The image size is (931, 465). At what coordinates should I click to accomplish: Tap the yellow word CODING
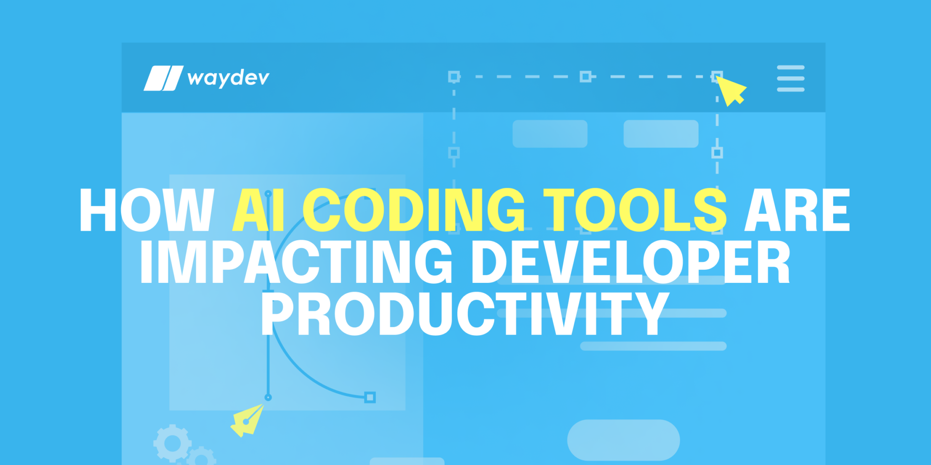(x=414, y=210)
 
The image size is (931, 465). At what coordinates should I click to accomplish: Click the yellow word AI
(x=258, y=210)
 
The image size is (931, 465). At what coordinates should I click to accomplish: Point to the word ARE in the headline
(x=797, y=210)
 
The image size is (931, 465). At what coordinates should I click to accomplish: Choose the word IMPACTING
(x=296, y=262)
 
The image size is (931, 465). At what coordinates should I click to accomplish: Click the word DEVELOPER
(x=631, y=262)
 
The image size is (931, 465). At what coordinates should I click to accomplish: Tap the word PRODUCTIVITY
(x=465, y=314)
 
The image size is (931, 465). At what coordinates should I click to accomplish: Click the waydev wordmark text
(x=228, y=78)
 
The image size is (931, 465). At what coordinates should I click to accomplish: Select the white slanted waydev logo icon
(x=163, y=78)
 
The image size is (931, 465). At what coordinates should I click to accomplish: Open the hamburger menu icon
(x=791, y=78)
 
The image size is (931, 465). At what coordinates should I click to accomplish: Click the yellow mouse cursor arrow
(x=730, y=90)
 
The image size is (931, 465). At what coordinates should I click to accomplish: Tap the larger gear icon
(x=172, y=443)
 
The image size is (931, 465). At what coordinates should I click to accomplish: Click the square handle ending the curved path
(x=370, y=398)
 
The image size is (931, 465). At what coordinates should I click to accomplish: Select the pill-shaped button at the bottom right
(x=623, y=440)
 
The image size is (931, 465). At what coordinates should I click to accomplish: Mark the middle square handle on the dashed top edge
(x=586, y=77)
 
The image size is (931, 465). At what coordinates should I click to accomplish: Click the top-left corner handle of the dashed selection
(x=454, y=77)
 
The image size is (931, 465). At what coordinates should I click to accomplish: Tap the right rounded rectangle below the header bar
(x=661, y=134)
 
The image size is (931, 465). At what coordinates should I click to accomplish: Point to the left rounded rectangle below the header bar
(x=550, y=134)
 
